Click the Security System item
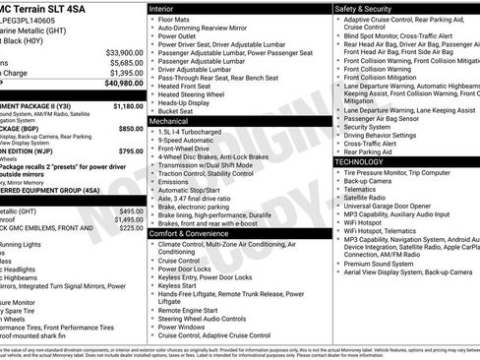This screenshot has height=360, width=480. pyautogui.click(x=366, y=126)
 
